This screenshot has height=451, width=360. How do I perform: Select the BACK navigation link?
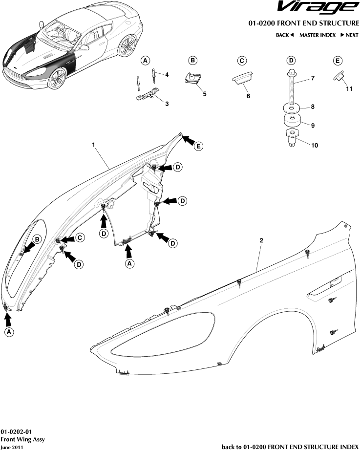pyautogui.click(x=285, y=35)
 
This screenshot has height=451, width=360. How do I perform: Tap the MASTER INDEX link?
pyautogui.click(x=318, y=35)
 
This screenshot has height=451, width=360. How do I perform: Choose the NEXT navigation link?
pyautogui.click(x=350, y=35)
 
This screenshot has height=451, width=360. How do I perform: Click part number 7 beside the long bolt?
pyautogui.click(x=313, y=78)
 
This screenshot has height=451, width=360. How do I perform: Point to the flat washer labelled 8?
pyautogui.click(x=292, y=107)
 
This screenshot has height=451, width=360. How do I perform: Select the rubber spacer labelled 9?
pyautogui.click(x=292, y=120)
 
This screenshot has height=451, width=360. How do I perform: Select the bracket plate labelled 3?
pyautogui.click(x=148, y=95)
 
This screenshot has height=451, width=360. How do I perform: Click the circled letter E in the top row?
pyautogui.click(x=338, y=61)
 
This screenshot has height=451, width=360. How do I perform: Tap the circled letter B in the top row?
pyautogui.click(x=193, y=61)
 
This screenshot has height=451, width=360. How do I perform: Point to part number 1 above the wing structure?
pyautogui.click(x=93, y=145)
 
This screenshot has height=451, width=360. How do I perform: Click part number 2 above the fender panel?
pyautogui.click(x=262, y=241)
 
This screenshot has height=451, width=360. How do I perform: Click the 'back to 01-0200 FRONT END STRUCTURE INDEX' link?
pyautogui.click(x=290, y=447)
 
